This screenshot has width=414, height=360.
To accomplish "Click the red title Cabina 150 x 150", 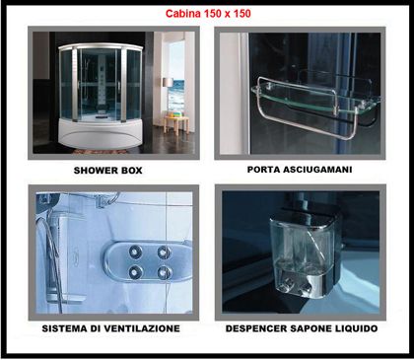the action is click(x=208, y=14).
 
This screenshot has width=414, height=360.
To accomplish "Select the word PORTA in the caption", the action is click(x=263, y=170).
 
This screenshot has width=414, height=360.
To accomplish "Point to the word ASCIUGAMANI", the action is click(x=317, y=170).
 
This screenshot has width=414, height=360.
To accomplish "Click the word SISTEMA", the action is click(x=64, y=328).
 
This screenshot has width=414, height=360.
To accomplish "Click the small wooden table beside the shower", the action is click(x=176, y=124).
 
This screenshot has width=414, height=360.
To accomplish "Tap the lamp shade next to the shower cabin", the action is click(x=168, y=82).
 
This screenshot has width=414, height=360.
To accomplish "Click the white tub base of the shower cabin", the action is click(x=99, y=134).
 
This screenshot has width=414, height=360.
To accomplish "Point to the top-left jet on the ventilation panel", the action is click(x=135, y=252).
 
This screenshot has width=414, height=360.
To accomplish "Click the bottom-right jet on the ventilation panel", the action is click(x=164, y=272).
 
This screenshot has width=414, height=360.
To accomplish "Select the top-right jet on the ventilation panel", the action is click(x=164, y=252).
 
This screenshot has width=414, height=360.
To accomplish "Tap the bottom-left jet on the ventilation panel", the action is click(x=135, y=272).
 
